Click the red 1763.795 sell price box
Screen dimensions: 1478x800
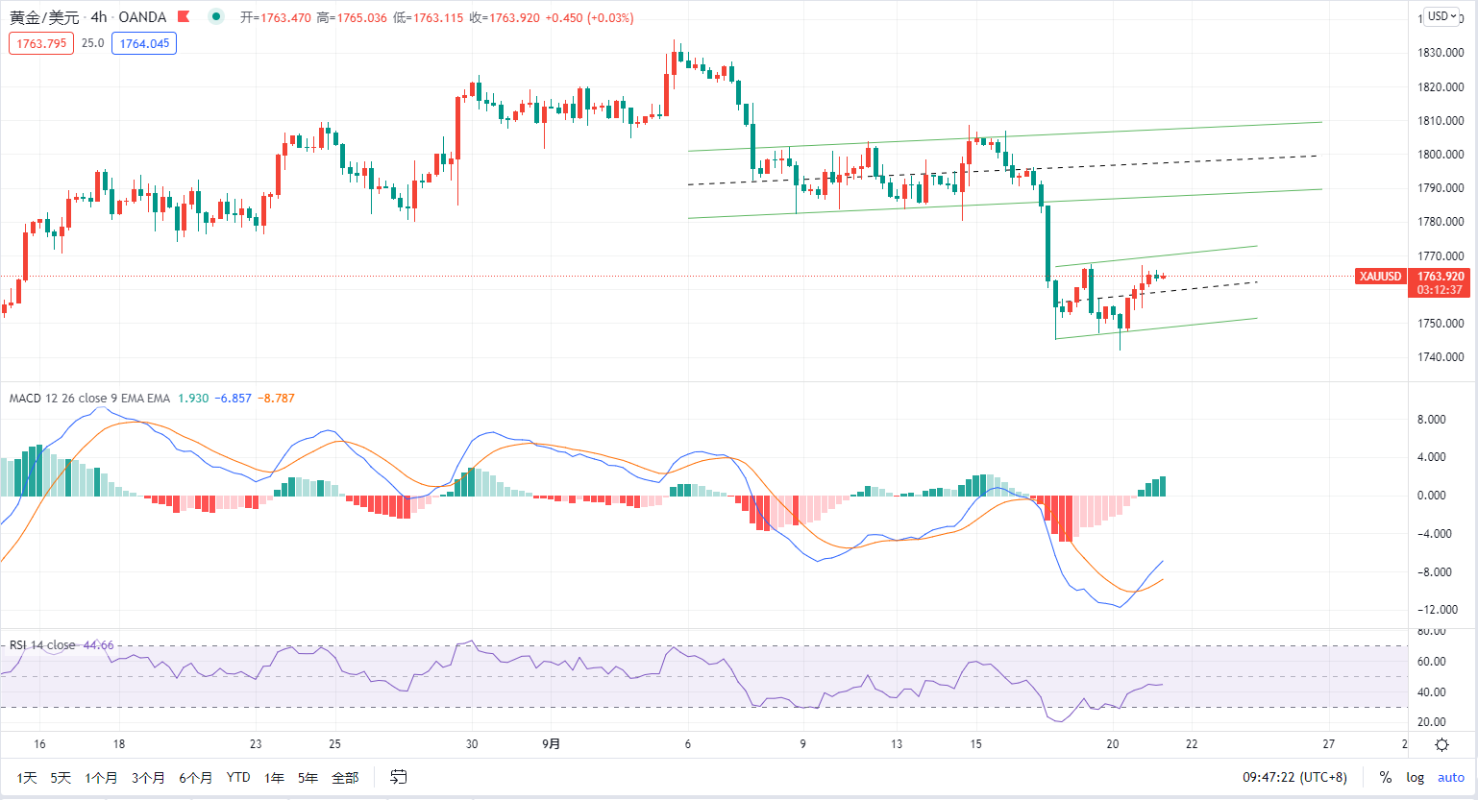tap(41, 43)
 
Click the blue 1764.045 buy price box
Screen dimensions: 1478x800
tap(144, 43)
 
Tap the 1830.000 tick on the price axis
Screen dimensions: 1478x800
tap(1441, 53)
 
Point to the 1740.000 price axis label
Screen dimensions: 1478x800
tap(1441, 357)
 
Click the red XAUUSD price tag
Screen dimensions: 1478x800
tap(1380, 277)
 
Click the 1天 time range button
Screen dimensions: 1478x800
tap(27, 778)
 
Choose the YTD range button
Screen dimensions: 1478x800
tap(238, 778)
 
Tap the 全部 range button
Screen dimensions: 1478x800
tap(345, 778)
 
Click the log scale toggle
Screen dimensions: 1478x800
tap(1415, 778)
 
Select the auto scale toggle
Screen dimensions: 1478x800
tap(1451, 778)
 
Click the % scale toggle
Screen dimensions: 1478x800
tap(1386, 778)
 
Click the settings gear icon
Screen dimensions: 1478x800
tap(1442, 744)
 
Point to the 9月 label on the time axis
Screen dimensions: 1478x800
tap(551, 744)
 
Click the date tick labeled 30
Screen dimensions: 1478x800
tap(472, 744)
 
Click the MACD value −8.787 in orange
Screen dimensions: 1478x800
tap(276, 399)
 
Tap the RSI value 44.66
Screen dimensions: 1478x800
tap(98, 645)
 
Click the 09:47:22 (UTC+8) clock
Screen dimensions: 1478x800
tap(1294, 778)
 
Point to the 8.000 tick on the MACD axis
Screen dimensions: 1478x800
tap(1432, 420)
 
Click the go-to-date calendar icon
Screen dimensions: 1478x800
tap(398, 777)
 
